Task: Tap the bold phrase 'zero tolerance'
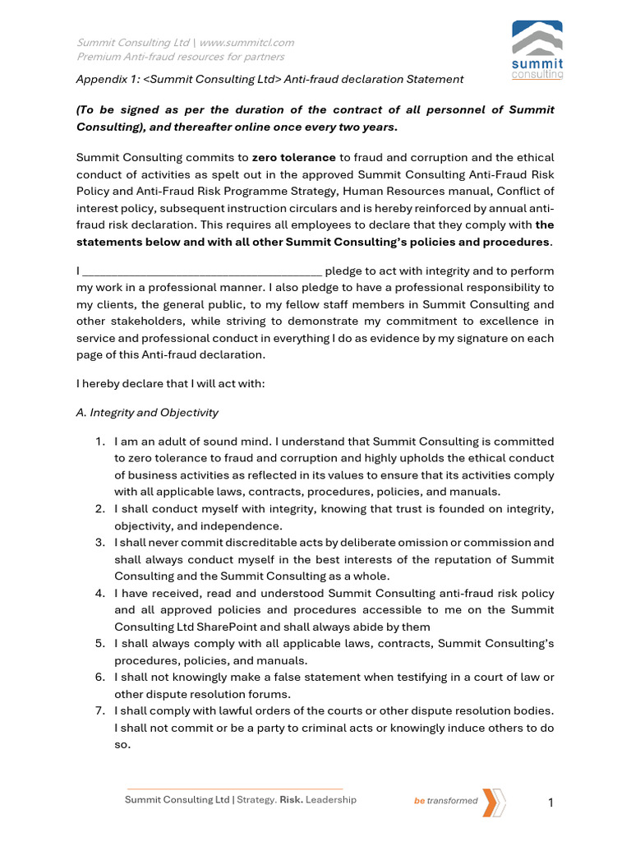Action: click(x=293, y=158)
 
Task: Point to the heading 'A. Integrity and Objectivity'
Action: click(x=147, y=413)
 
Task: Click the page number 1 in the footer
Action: click(x=551, y=803)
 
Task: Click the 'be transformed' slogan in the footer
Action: click(x=445, y=801)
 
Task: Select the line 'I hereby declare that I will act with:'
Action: click(x=170, y=383)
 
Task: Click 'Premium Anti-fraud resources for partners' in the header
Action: click(x=181, y=57)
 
